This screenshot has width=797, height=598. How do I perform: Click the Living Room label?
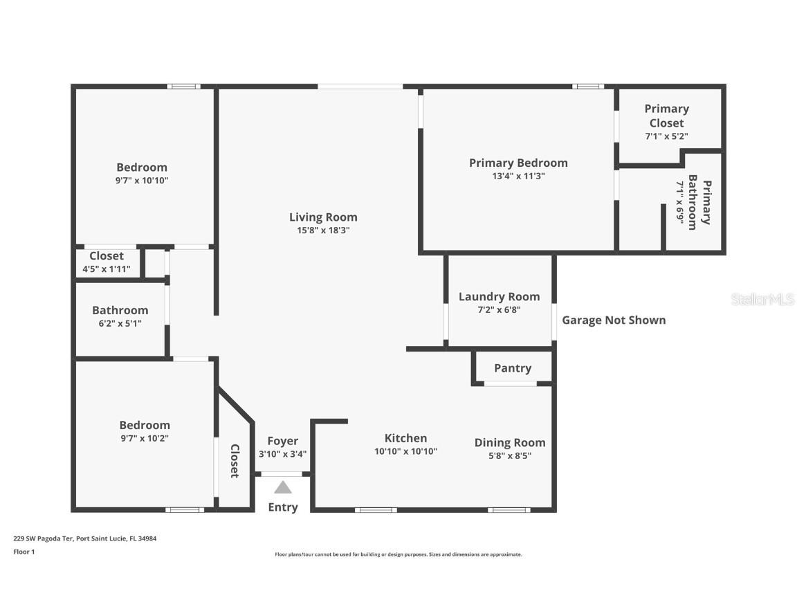pyautogui.click(x=323, y=217)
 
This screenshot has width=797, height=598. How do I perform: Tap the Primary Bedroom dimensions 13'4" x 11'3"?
pyautogui.click(x=518, y=176)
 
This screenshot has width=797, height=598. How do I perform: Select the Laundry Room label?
pyautogui.click(x=499, y=297)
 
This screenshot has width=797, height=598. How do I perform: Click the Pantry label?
pyautogui.click(x=513, y=368)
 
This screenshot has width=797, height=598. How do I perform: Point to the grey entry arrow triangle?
pyautogui.click(x=282, y=487)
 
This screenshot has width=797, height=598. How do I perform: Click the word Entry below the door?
pyautogui.click(x=282, y=507)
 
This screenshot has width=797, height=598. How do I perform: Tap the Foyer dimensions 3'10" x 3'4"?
pyautogui.click(x=282, y=455)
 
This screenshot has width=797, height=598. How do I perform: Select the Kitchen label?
pyautogui.click(x=405, y=438)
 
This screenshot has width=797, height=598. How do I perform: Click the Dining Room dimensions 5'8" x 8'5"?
pyautogui.click(x=509, y=455)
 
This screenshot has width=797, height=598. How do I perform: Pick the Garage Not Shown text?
pyautogui.click(x=614, y=320)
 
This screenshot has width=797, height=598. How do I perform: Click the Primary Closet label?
pyautogui.click(x=666, y=116)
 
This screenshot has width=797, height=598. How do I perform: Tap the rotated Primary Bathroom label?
pyautogui.click(x=699, y=203)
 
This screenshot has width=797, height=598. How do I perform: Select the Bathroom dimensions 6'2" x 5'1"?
pyautogui.click(x=120, y=323)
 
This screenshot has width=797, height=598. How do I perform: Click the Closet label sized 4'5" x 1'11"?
pyautogui.click(x=107, y=256)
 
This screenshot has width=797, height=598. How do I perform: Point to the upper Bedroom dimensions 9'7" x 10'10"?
pyautogui.click(x=142, y=180)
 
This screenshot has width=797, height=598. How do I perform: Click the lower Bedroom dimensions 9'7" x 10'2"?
pyautogui.click(x=144, y=438)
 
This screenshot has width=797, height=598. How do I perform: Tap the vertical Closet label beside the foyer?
pyautogui.click(x=235, y=461)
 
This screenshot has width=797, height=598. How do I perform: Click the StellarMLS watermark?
pyautogui.click(x=762, y=300)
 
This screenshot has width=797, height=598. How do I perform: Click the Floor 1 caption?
pyautogui.click(x=24, y=552)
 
